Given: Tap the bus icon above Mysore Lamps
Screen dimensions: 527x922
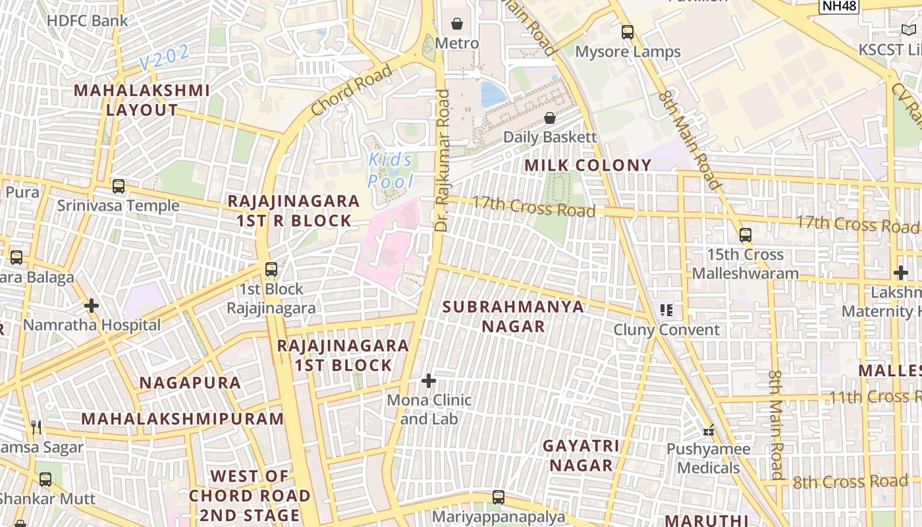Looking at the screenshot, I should pos(628,32).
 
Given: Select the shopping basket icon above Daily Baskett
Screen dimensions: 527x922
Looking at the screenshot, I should pos(550,118).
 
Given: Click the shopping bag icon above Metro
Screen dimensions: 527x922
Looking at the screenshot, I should pos(457,24).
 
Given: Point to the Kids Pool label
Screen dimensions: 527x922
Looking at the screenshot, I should pos(391,170).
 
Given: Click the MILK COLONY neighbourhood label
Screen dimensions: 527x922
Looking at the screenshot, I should pos(588,165).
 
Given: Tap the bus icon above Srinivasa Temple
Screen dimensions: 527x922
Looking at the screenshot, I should pos(119,186).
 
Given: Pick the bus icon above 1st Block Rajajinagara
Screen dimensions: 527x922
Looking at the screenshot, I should pos(271,269).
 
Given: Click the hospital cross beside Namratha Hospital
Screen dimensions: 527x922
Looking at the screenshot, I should pos(92,306).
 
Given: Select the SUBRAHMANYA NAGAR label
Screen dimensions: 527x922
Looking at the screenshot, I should pos(513,316).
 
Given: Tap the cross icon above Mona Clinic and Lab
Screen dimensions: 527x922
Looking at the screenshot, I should pos(429,381).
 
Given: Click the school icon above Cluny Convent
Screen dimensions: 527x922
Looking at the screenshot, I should pos(666,310).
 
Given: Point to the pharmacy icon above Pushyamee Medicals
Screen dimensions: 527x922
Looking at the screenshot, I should pos(709,430).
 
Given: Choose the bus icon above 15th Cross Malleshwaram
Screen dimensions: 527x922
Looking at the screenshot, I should pos(746,235).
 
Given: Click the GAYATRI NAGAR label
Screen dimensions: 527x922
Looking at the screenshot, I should pos(582,455).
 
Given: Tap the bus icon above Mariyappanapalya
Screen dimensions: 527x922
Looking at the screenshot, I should pos(499,497).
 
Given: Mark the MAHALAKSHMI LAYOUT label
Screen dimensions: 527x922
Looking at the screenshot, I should pos(142,100).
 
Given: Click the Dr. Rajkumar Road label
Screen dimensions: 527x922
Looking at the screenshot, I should pos(443,160).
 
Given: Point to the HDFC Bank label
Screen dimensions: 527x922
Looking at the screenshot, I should pos(88,20).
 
